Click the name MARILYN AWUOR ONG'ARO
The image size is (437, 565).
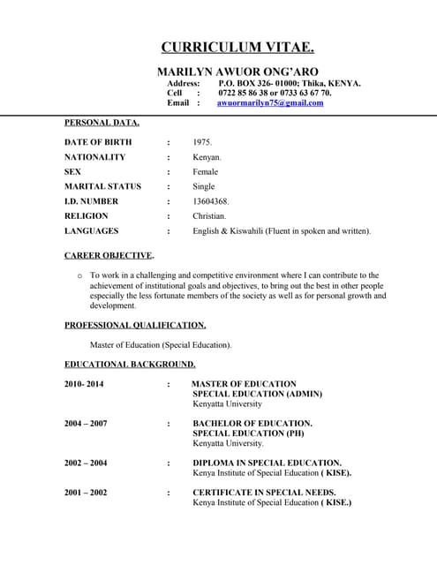click(237, 71)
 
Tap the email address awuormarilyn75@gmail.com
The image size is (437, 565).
click(270, 103)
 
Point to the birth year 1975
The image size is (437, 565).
click(202, 142)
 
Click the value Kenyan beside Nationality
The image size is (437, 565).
click(207, 157)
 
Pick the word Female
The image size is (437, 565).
click(205, 172)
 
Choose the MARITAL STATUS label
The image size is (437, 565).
click(102, 186)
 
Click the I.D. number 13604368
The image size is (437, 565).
click(211, 201)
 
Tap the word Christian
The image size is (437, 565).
click(209, 216)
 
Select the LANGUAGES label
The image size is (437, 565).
click(91, 231)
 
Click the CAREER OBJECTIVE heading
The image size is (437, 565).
click(109, 255)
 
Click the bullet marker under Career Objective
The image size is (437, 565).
click(80, 275)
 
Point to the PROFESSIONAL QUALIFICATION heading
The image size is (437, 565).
click(135, 325)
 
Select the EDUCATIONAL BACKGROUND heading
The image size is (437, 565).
click(130, 364)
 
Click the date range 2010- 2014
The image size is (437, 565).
click(84, 384)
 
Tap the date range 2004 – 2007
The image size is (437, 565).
click(86, 424)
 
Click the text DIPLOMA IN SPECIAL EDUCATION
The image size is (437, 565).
click(267, 463)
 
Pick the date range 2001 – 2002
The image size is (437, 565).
click(86, 493)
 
